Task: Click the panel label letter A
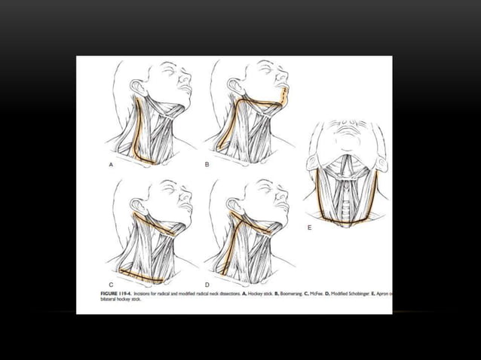pyautogui.click(x=111, y=163)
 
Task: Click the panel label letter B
pyautogui.click(x=207, y=163)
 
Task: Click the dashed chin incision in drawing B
pyautogui.click(x=281, y=94)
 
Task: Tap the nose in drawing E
pyautogui.click(x=349, y=124)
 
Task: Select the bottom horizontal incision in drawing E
pyautogui.click(x=345, y=221)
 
